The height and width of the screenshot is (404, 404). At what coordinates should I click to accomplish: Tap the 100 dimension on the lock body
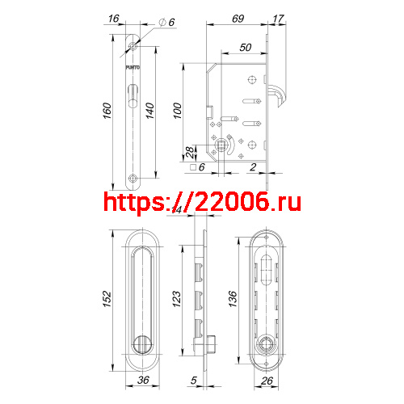tap(179, 110)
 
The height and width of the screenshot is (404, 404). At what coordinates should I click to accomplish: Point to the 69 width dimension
tap(238, 17)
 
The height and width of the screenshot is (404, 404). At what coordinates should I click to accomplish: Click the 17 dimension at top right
tap(278, 17)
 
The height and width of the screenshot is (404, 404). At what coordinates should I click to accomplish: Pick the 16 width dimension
tap(112, 17)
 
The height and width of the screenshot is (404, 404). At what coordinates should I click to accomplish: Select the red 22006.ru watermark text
tap(202, 201)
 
